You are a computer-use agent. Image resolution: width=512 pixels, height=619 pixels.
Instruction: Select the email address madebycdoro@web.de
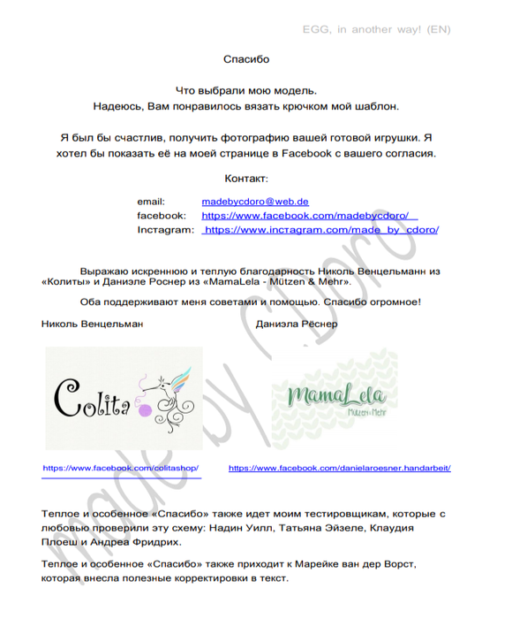pyautogui.click(x=255, y=202)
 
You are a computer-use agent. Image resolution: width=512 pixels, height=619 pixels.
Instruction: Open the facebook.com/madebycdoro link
pyautogui.click(x=309, y=216)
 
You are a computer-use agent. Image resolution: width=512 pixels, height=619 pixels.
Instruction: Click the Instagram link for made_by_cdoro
pyautogui.click(x=320, y=230)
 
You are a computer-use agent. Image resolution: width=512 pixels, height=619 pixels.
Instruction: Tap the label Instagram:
pyautogui.click(x=165, y=230)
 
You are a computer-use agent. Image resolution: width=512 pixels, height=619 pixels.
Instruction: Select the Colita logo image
pyautogui.click(x=124, y=398)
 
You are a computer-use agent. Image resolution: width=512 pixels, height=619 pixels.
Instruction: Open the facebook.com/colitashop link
pyautogui.click(x=122, y=468)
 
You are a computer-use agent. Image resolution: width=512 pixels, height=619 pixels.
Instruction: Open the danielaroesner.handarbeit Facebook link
pyautogui.click(x=339, y=468)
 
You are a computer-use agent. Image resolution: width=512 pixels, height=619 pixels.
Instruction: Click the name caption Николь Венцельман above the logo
pyautogui.click(x=92, y=324)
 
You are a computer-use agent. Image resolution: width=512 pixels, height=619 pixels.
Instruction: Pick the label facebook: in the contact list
pyautogui.click(x=162, y=216)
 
